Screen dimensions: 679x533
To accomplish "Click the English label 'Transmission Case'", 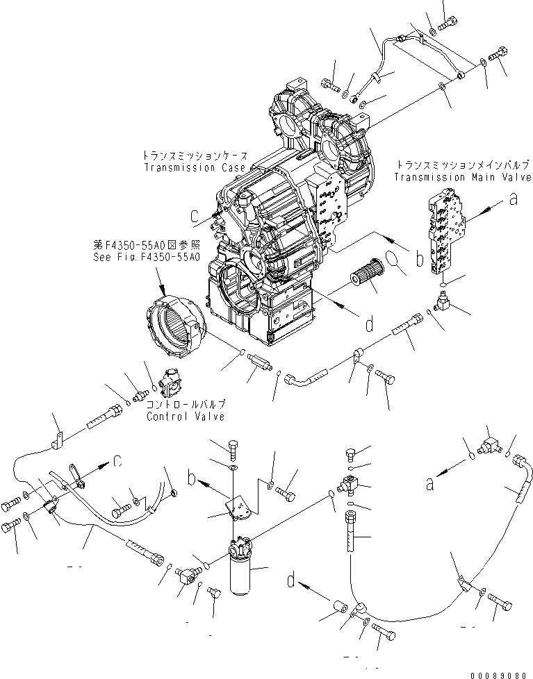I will click(x=195, y=168).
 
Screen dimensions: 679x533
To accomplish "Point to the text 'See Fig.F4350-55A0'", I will click(x=147, y=257).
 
